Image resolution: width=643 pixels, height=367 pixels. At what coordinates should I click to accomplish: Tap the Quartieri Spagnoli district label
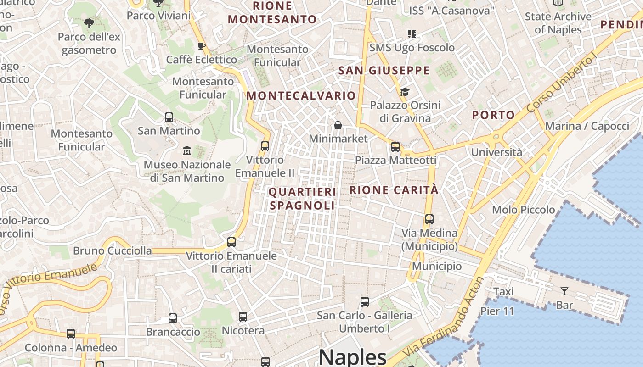[x=303, y=198]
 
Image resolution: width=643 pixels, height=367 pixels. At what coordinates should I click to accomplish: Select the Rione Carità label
[x=394, y=189]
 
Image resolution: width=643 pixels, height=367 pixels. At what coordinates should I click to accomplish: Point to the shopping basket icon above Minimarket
[x=338, y=125]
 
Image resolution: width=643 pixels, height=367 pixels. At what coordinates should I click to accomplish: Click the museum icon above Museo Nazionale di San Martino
[x=187, y=150]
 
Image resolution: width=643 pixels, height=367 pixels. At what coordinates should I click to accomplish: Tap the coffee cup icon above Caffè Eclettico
[x=201, y=46]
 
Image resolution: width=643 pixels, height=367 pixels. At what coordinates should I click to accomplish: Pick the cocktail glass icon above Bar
[x=564, y=291]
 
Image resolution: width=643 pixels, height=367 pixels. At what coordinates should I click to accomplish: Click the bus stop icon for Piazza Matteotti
[x=395, y=147]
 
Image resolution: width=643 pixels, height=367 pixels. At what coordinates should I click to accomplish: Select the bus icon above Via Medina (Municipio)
[x=429, y=219]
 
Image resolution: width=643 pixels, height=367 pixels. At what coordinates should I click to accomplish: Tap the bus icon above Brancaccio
[x=173, y=318]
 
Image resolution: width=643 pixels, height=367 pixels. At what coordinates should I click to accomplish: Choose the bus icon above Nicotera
[x=243, y=317]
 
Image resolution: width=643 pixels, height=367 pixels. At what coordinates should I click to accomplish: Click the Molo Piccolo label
[x=524, y=210]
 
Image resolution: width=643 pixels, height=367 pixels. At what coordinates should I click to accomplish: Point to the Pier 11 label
[x=497, y=311]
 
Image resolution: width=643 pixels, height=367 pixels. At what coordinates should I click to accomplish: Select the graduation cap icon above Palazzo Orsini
[x=405, y=92]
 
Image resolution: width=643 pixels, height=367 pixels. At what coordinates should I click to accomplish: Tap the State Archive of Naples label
[x=558, y=23]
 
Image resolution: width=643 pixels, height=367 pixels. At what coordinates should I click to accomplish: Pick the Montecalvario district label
[x=301, y=95]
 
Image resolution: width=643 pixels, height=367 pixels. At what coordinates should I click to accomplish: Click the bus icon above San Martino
[x=169, y=117]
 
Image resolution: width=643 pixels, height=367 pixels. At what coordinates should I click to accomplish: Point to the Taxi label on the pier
[x=503, y=291]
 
